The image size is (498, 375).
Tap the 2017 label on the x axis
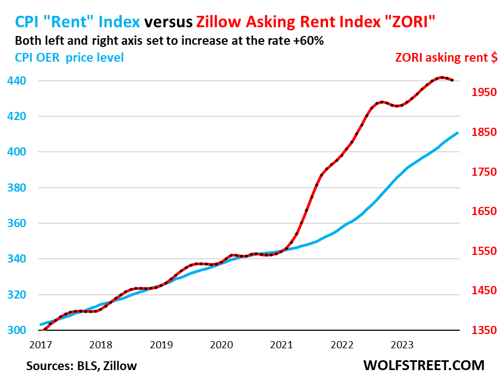click(41, 344)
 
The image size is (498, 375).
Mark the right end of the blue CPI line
click(457, 133)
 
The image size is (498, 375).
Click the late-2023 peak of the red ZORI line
click(441, 78)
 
